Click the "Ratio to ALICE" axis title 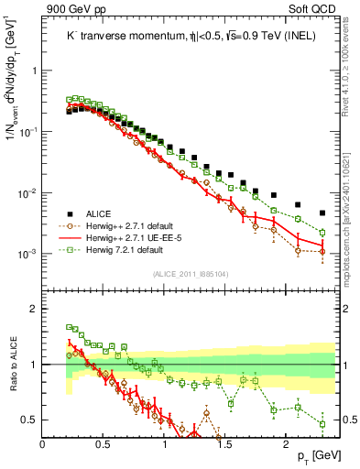[x=12, y=365]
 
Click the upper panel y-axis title [x=12, y=97]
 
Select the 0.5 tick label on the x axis [x=104, y=442]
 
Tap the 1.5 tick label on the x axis [x=225, y=442]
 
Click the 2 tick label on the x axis [x=287, y=442]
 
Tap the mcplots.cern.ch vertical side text [x=352, y=229]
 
